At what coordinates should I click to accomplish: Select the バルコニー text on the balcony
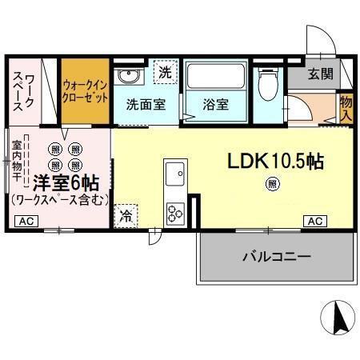click(276, 257)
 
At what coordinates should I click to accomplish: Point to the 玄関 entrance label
click(322, 74)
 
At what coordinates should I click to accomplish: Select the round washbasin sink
click(128, 77)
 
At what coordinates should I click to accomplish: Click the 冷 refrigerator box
click(126, 214)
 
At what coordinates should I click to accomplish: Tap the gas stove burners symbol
click(174, 212)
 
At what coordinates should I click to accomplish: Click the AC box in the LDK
click(314, 221)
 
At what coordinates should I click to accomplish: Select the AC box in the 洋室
click(25, 221)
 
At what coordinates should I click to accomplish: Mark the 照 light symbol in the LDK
click(273, 185)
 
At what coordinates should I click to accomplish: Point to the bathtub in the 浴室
click(216, 78)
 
